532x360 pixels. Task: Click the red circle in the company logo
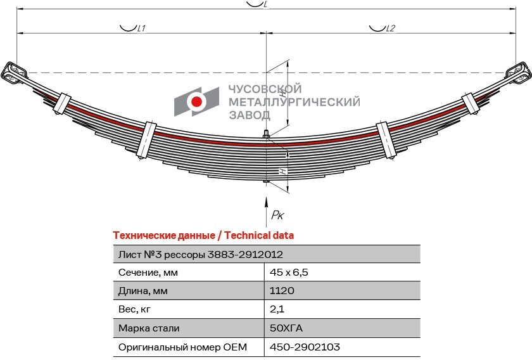[x=196, y=101]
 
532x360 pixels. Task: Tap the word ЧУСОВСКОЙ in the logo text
[x=264, y=89]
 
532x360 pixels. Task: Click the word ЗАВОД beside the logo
[x=249, y=115]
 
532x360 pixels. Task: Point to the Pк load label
[x=277, y=215]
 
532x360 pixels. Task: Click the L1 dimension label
[x=141, y=29]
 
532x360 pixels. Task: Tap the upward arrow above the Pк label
[x=267, y=202]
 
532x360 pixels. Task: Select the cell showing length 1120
[x=282, y=291]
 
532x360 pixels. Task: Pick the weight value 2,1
[x=276, y=309]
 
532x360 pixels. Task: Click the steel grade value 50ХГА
[x=287, y=328]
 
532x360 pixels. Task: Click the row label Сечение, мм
[x=148, y=273]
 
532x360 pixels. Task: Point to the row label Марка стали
[x=149, y=328]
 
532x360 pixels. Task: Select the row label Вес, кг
[x=135, y=309]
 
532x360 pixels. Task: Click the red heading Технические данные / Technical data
[x=203, y=235]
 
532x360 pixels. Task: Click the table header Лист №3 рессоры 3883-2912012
[x=201, y=254]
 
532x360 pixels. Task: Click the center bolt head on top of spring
[x=267, y=134]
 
